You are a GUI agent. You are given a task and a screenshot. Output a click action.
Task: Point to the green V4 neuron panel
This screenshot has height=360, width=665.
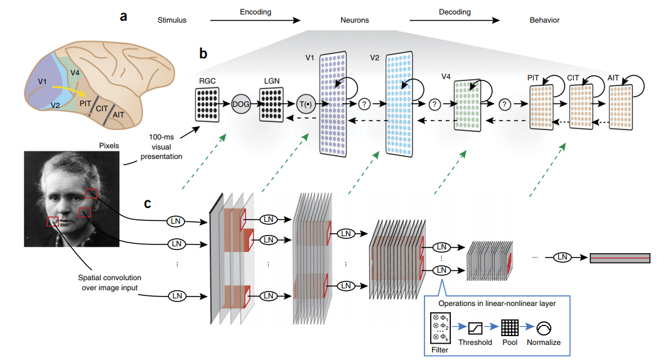pos(468,104)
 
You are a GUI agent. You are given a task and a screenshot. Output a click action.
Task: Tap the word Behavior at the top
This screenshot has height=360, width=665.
pos(544,20)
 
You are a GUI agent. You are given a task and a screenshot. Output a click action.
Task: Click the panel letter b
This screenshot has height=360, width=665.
pos(203,53)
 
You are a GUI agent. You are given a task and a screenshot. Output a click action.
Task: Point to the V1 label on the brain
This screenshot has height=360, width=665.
pos(42,81)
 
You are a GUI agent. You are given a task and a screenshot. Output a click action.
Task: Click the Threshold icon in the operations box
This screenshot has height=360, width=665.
pos(474,327)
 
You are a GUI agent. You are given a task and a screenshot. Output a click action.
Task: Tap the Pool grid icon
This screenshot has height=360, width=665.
pos(509,327)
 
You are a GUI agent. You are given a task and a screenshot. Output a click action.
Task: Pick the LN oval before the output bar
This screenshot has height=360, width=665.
pos(563,257)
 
